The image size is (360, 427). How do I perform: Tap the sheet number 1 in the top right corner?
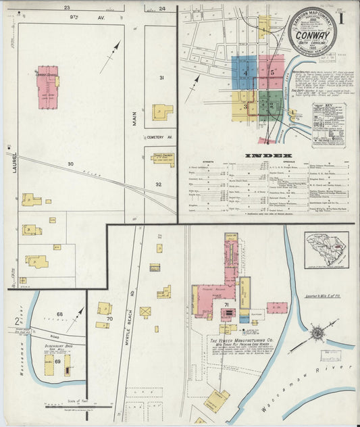tap(344, 18)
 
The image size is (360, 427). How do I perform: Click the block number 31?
tap(161, 78)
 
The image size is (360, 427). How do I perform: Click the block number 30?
tap(70, 164)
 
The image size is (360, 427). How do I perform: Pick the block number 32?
tap(159, 184)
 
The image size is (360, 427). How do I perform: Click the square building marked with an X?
tap(145, 311)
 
